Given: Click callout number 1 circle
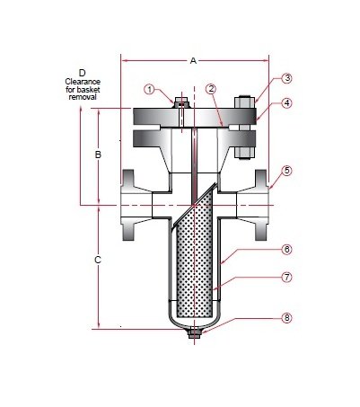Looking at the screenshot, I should point(150,88).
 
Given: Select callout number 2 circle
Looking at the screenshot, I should point(210,88).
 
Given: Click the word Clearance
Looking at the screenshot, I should point(82,81).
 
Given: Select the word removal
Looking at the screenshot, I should point(82,97).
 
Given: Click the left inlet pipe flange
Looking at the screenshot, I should point(132,207).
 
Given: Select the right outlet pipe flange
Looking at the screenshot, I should point(260,207).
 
